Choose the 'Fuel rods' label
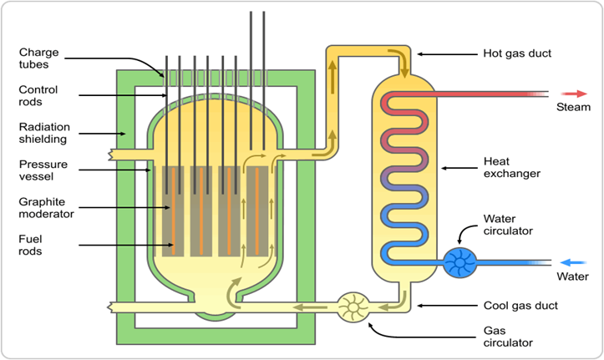click(33, 244)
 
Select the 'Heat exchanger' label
click(512, 168)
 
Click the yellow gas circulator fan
click(353, 307)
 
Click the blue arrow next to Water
click(572, 260)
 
